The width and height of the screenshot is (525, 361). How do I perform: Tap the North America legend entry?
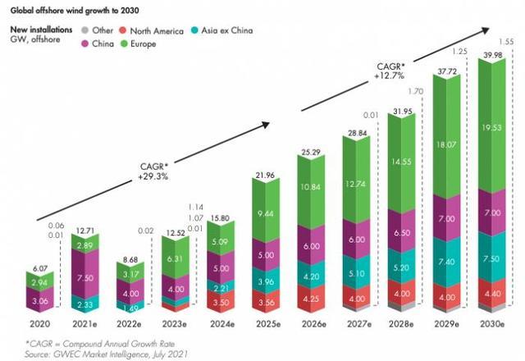click(154, 29)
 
